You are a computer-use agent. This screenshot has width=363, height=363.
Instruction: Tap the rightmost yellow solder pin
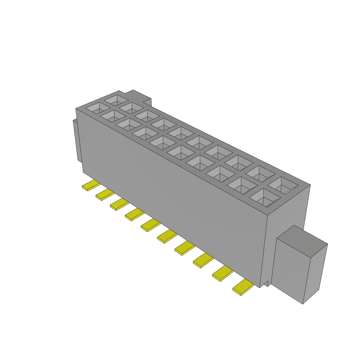pyautogui.click(x=243, y=287)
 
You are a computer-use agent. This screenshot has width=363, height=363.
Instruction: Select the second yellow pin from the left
pyautogui.click(x=105, y=195)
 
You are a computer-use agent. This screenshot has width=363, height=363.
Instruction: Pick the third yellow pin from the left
pyautogui.click(x=119, y=204)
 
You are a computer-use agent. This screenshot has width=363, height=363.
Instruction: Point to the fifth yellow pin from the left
pyautogui.click(x=151, y=225)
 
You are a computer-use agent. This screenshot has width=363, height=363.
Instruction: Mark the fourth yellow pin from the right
pyautogui.click(x=185, y=248)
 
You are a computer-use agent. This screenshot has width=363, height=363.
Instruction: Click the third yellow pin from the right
pyautogui.click(x=203, y=261)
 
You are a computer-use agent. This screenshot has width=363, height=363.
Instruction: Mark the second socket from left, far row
pyautogui.click(x=131, y=107)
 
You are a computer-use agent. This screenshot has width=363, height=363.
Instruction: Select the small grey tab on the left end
pyautogui.click(x=76, y=140)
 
